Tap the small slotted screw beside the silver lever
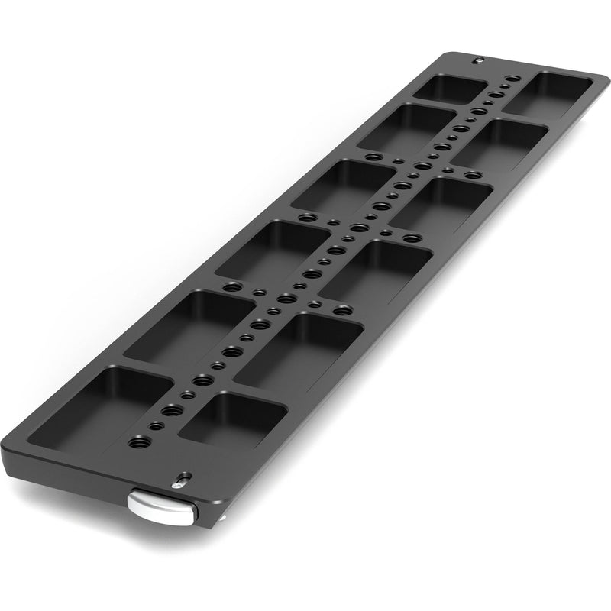coord(179,481)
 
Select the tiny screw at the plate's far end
coord(478,60)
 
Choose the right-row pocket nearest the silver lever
coord(230,417)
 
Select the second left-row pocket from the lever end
coord(187,321)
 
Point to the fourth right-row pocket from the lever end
coord(440,202)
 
